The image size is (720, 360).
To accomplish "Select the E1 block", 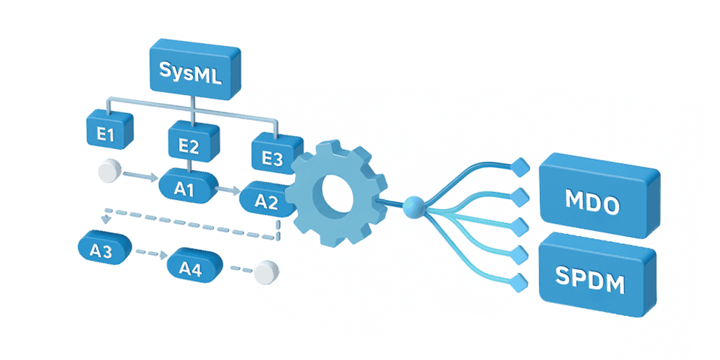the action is pyautogui.click(x=109, y=131).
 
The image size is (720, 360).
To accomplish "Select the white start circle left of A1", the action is pyautogui.click(x=110, y=171).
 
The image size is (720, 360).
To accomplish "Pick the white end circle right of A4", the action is pyautogui.click(x=267, y=273).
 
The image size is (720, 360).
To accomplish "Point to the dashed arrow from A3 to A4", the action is pyautogui.click(x=150, y=253).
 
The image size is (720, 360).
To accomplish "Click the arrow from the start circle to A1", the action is pyautogui.click(x=140, y=176).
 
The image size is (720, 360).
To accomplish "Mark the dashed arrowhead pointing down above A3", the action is pyautogui.click(x=107, y=218).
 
